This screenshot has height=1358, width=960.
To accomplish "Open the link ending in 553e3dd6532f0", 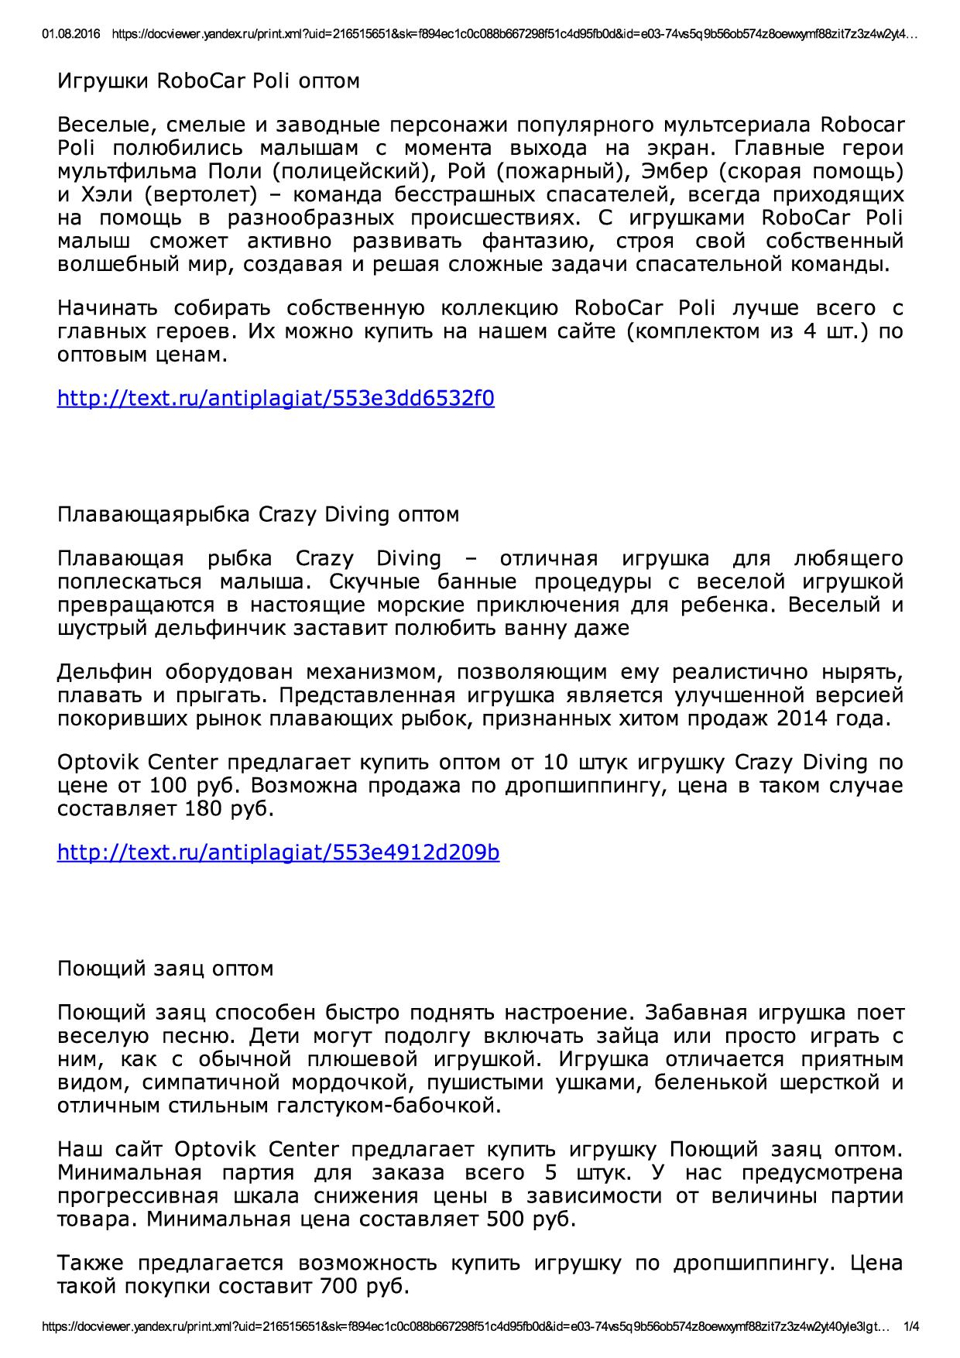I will click(x=276, y=399).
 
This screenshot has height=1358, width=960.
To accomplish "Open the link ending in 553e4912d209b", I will click(x=279, y=852).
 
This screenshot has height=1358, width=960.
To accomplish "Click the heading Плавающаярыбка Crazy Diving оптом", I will click(x=259, y=515).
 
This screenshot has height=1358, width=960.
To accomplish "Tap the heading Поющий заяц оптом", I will click(x=166, y=969).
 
